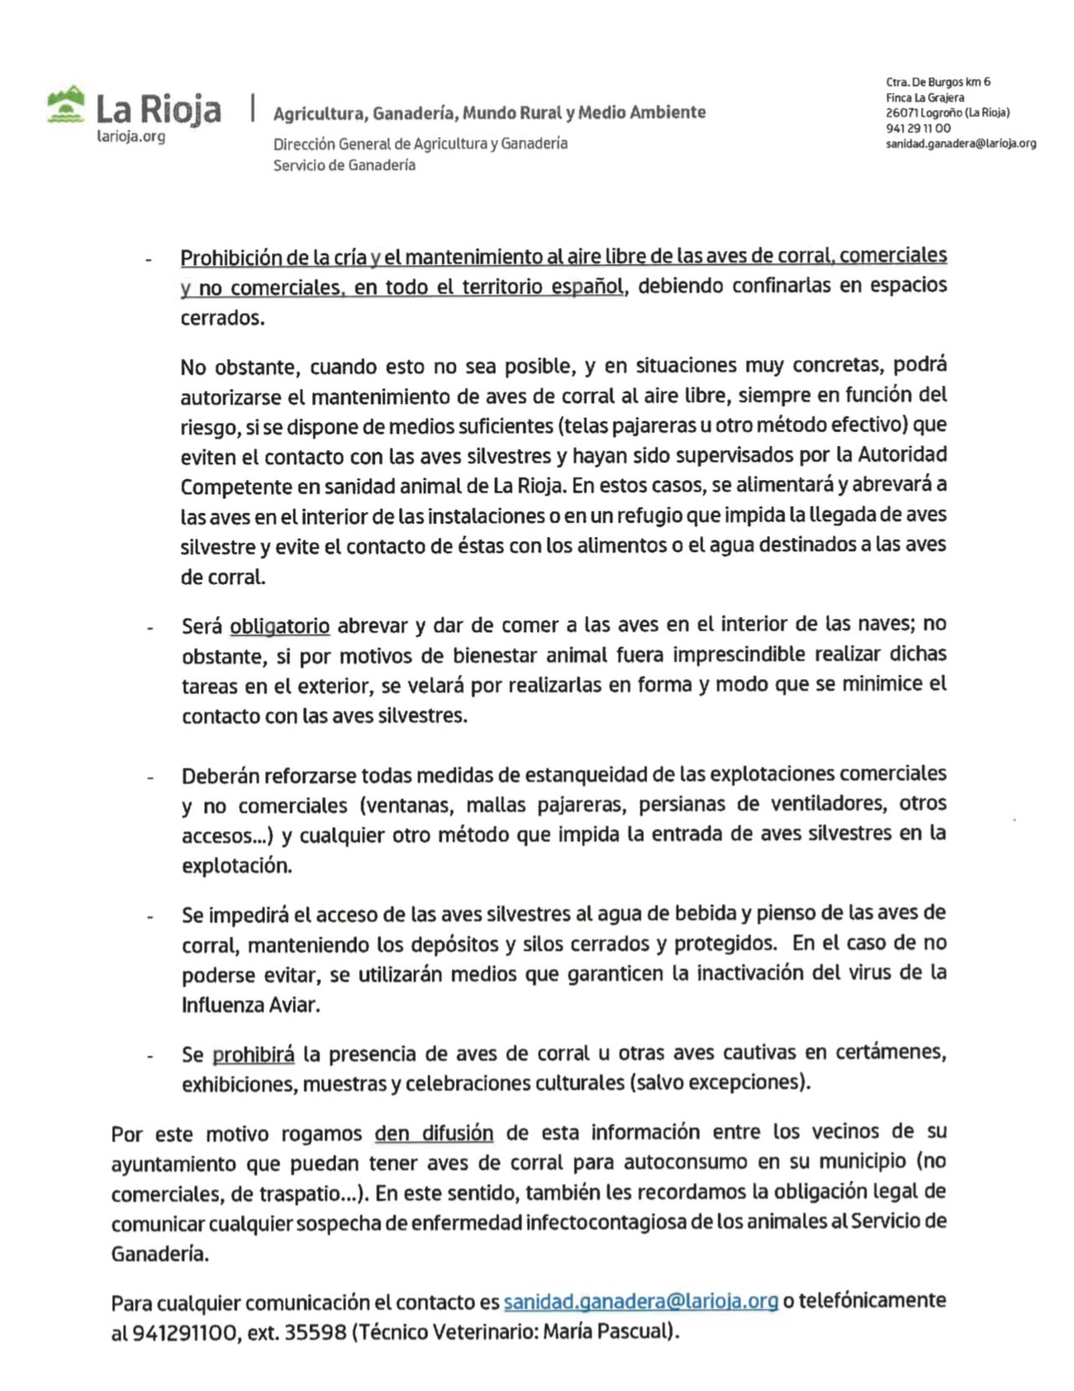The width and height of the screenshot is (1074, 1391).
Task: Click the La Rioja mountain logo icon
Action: [66, 105]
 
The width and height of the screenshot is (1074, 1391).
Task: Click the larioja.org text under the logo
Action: [131, 136]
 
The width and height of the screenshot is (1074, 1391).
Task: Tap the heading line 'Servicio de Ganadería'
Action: [344, 166]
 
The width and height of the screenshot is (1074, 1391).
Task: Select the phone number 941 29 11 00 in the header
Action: [918, 128]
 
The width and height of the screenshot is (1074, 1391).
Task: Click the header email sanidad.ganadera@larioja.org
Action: [960, 144]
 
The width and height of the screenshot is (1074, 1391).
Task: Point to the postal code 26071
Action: [902, 113]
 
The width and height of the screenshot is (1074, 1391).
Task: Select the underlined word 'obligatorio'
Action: [279, 626]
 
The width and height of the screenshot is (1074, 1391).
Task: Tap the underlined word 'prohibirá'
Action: [253, 1054]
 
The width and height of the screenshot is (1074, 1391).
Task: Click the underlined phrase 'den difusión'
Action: [433, 1133]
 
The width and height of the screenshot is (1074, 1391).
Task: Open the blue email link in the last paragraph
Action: [641, 1302]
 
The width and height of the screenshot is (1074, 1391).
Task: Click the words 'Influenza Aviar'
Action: [250, 1005]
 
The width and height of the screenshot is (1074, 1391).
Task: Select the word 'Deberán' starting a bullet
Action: [219, 775]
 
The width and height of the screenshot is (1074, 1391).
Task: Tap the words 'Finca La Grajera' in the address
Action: [924, 98]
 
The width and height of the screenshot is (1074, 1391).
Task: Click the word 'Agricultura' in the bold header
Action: [319, 113]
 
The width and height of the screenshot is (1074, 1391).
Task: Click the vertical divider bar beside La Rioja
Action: [252, 109]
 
